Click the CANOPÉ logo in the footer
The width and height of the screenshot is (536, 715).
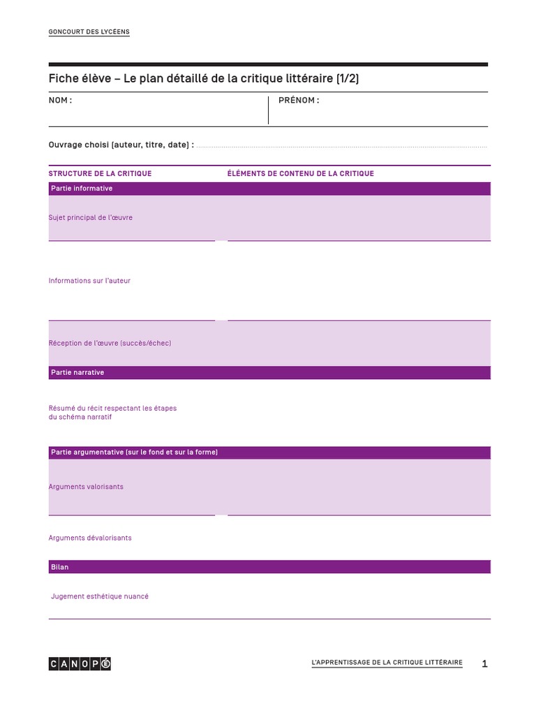80,663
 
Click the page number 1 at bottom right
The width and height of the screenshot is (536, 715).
484,664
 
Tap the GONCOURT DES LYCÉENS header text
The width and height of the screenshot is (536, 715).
89,32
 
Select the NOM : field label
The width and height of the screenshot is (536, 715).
60,101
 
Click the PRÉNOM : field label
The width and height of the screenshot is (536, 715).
299,101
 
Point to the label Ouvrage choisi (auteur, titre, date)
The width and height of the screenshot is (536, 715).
121,145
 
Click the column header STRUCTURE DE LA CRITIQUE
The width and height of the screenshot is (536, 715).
100,174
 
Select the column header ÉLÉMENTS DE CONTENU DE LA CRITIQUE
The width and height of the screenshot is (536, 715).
300,174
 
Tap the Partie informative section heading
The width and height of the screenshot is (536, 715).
82,189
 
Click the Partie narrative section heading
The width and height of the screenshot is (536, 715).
77,373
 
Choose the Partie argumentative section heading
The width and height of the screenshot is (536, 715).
134,452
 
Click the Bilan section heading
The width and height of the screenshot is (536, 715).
60,568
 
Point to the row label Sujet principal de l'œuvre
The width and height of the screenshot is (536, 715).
90,218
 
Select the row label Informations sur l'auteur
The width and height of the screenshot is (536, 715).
89,281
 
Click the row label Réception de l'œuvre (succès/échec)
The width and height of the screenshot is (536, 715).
110,344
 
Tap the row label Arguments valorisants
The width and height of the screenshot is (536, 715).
86,487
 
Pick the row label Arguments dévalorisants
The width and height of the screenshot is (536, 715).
90,538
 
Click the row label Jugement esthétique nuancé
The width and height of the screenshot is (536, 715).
100,597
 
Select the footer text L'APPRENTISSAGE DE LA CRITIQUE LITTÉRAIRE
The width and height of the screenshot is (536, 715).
387,663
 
